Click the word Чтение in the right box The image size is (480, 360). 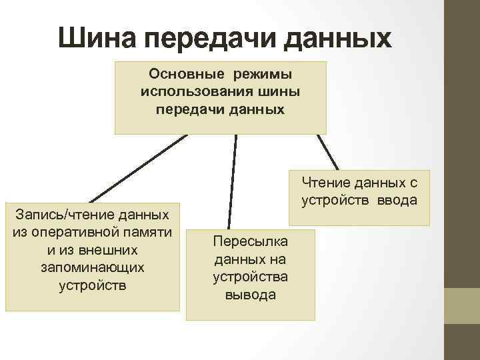coord(326,182)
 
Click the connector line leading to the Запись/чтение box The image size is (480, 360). coord(137,169)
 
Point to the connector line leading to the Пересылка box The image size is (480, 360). coord(233,180)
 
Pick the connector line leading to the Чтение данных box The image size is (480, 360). coord(328,153)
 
